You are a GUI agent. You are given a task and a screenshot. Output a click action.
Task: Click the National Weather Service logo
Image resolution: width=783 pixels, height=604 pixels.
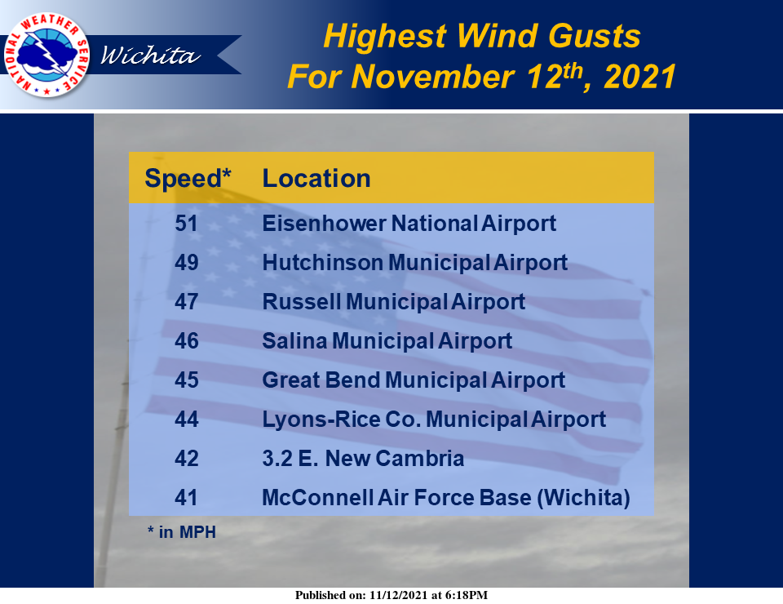[x=46, y=55]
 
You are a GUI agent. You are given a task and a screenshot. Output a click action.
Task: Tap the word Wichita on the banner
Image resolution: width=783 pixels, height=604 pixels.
[x=150, y=55]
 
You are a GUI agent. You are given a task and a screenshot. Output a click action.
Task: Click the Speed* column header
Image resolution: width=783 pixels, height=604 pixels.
[x=188, y=179]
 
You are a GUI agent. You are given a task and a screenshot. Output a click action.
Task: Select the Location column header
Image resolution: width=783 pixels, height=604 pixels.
[x=316, y=179]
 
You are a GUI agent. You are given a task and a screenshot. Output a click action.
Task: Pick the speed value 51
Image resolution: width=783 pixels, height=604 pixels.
[x=186, y=224]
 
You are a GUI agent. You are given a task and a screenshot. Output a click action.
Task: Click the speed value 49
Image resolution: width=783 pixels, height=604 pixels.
[x=186, y=262]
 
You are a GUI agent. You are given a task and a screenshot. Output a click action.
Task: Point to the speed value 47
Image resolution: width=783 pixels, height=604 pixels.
[x=186, y=302]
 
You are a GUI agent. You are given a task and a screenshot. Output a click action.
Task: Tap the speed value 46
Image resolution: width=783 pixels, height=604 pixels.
[x=186, y=340]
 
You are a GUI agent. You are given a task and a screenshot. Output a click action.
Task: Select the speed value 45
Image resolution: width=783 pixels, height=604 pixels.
[x=186, y=380]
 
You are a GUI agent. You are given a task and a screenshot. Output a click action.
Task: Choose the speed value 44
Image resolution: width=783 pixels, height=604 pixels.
[x=186, y=420]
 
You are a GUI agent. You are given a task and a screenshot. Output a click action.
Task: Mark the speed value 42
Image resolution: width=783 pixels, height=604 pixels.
[x=186, y=459]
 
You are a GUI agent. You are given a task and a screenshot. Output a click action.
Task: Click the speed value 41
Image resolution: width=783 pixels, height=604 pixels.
[x=186, y=498]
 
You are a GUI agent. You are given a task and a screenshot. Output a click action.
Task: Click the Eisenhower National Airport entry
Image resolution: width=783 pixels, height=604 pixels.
[x=409, y=224]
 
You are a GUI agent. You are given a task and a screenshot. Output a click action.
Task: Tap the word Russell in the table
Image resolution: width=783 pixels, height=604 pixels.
[x=302, y=302]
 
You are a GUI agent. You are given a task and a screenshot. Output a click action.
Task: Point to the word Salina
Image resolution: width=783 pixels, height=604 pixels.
[x=294, y=340]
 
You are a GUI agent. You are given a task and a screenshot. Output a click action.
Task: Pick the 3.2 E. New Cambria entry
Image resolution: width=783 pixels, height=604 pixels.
[x=363, y=459]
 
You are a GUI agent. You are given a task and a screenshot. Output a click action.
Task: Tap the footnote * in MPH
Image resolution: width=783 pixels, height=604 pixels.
[x=182, y=532]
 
